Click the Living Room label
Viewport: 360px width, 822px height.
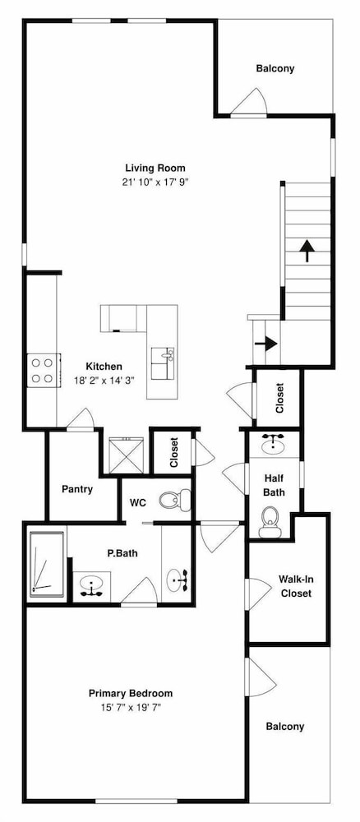pos(155,169)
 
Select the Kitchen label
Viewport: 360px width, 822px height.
pos(104,367)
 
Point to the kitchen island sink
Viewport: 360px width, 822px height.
pos(163,363)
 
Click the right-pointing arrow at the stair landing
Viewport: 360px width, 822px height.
pos(266,344)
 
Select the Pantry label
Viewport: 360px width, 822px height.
pos(77,489)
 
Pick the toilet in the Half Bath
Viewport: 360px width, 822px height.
pos(270,522)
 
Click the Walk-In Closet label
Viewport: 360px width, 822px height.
pos(296,586)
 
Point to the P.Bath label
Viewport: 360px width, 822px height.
pos(122,552)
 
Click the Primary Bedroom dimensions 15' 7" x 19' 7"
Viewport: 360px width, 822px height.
pos(131,707)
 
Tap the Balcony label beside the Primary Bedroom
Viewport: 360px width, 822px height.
pos(285,727)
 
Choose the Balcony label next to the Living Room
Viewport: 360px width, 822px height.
pos(275,68)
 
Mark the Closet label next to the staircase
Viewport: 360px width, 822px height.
pos(279,398)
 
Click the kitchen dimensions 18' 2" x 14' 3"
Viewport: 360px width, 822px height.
pos(104,381)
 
